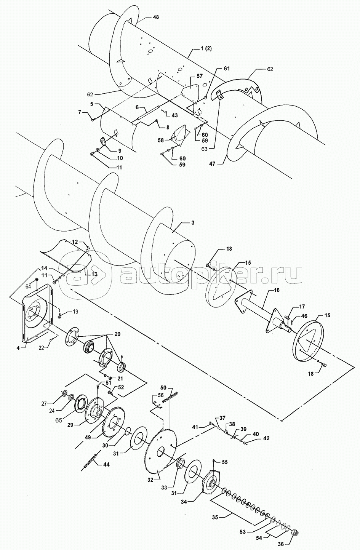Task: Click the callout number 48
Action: tap(155, 17)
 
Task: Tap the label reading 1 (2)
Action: tap(206, 48)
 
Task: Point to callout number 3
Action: tap(193, 223)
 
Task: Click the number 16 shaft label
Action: tap(277, 290)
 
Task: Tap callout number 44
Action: tap(106, 464)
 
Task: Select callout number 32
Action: tap(150, 479)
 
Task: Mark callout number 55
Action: tap(224, 462)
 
